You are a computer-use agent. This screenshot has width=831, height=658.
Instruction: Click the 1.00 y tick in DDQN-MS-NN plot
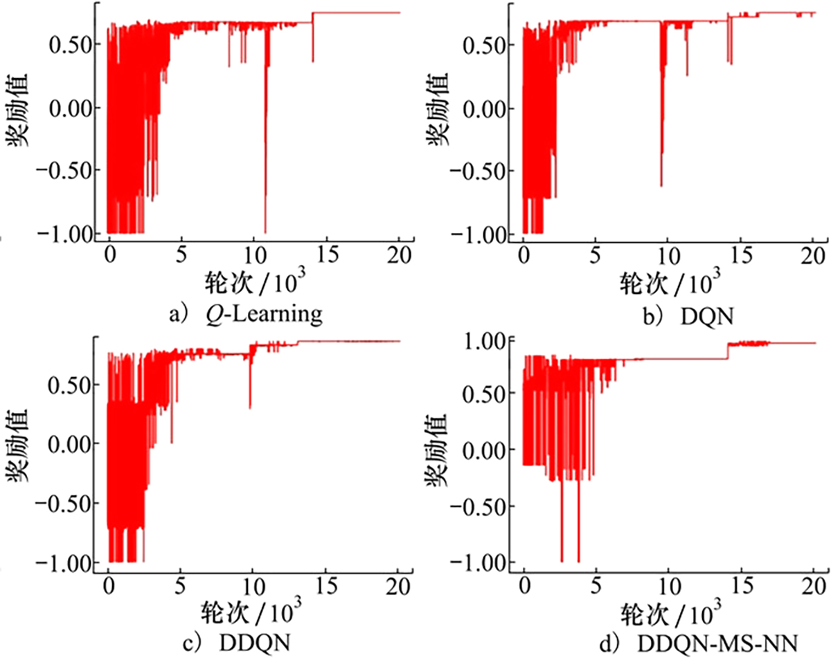484,340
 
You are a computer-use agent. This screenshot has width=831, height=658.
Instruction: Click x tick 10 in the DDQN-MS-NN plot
668,581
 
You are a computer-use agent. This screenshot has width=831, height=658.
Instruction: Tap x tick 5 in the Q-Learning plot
181,253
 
